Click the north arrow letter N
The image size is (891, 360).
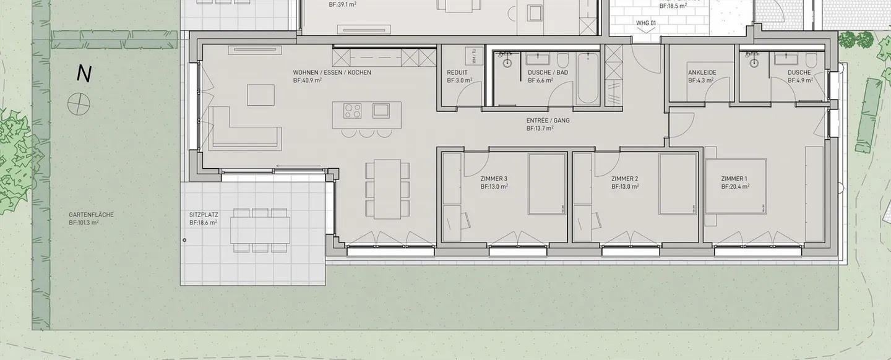[84, 74]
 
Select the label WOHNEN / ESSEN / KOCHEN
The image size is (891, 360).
[332, 72]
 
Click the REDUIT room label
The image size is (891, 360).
[457, 72]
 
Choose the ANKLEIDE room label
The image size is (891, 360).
[702, 72]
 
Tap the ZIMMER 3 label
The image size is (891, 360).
[494, 179]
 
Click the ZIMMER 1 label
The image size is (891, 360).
[734, 179]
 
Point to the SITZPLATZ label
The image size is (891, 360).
[204, 215]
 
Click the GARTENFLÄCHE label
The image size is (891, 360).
[92, 215]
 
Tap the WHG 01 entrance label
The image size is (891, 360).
[645, 23]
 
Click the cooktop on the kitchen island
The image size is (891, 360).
[353, 111]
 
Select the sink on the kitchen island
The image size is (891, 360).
[381, 111]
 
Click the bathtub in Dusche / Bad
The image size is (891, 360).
[588, 79]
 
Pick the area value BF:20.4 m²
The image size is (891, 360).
[735, 186]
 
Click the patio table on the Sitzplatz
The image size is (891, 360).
[260, 229]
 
